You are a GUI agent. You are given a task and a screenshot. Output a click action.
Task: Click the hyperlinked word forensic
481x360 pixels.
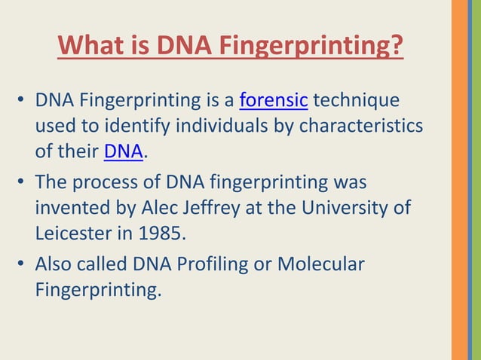coord(273,100)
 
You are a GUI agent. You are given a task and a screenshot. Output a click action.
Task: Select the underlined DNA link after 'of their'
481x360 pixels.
coord(123,151)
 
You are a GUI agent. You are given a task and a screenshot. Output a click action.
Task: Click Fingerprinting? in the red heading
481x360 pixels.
coord(311,47)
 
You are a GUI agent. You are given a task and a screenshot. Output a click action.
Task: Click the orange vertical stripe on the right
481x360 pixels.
coord(459,180)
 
